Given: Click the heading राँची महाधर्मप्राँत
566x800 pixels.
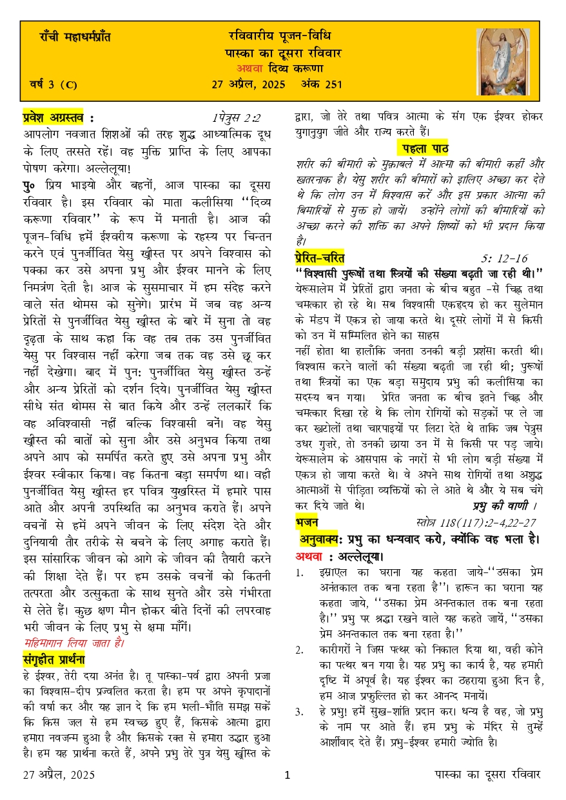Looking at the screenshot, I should point(75,37).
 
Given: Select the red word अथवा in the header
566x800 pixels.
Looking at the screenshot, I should point(246,68).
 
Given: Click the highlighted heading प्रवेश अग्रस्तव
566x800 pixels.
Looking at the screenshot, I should point(54,117).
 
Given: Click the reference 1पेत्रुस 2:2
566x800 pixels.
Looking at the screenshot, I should point(237,117).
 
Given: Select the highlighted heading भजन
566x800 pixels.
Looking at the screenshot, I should point(307,522).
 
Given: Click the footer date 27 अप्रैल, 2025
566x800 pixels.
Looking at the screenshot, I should point(59,775).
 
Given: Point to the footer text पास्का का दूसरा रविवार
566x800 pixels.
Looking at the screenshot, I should point(486,775).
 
